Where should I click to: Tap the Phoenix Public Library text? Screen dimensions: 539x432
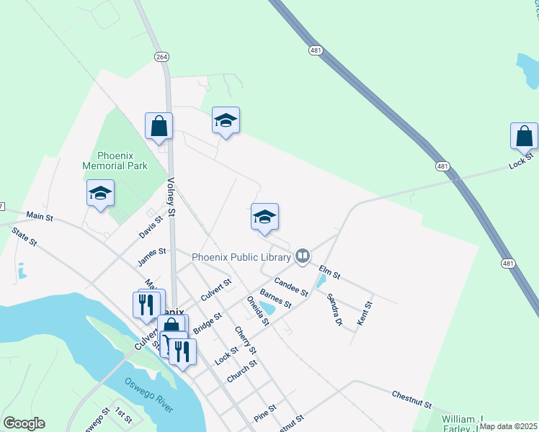241,256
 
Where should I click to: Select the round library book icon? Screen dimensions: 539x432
303,256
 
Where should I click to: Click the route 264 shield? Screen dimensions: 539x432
161,56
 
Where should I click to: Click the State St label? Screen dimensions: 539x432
24,238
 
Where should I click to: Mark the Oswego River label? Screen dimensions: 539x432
148,395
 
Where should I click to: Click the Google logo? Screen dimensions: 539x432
24,423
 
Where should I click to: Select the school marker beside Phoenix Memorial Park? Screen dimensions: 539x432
100,194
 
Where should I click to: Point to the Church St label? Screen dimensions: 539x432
241,372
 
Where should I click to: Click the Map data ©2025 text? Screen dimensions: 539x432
507,426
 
